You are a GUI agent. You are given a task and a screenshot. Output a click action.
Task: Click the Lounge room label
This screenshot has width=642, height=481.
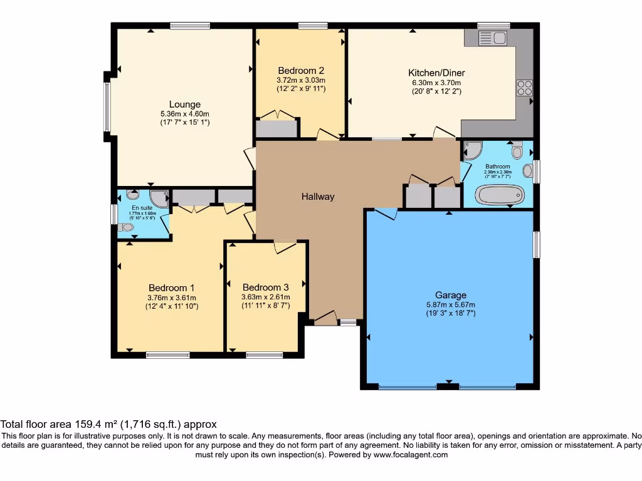(184, 105)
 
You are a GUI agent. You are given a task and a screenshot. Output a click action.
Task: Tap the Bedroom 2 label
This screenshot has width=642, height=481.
(301, 70)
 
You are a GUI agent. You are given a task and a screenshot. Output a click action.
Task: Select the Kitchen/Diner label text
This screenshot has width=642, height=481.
(436, 73)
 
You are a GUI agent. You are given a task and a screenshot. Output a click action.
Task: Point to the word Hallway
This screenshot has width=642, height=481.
(318, 197)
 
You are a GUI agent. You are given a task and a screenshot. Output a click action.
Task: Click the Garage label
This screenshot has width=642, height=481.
(450, 295)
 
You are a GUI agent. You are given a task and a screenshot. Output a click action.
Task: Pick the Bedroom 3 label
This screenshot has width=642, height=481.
(266, 287)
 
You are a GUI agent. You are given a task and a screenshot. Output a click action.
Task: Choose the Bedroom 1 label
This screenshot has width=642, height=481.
(171, 287)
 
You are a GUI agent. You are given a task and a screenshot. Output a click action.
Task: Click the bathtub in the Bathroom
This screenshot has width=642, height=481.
(499, 195)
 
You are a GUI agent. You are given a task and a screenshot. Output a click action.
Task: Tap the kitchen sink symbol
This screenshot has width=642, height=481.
(493, 38)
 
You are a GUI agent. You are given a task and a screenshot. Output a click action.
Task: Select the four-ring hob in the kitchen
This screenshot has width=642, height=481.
(524, 88)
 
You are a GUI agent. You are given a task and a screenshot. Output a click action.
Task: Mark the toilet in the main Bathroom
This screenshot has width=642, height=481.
(517, 150)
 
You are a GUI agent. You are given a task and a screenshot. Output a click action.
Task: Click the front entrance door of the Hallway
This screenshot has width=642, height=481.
(325, 319)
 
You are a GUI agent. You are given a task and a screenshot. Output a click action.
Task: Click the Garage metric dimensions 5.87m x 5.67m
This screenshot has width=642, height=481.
(450, 305)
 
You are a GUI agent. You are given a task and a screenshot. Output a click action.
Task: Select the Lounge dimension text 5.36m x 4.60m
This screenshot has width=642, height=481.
(184, 114)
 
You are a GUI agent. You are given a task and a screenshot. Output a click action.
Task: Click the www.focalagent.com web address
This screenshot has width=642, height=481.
(409, 455)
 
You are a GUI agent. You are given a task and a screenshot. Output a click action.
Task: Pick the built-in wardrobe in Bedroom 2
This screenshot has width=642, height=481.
(276, 129)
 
